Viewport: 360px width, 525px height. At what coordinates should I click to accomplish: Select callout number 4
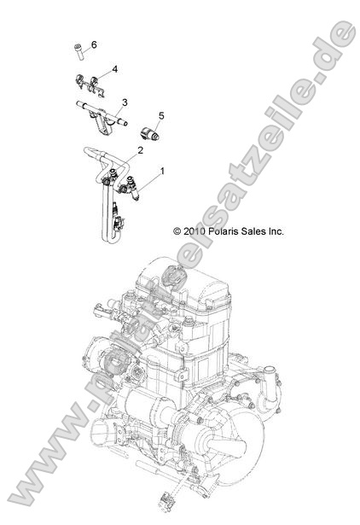pyautogui.click(x=113, y=68)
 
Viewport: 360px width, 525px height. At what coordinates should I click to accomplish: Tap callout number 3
pyautogui.click(x=124, y=102)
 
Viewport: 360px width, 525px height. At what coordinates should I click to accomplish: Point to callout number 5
pyautogui.click(x=160, y=115)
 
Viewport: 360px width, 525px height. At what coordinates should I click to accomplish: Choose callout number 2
pyautogui.click(x=140, y=150)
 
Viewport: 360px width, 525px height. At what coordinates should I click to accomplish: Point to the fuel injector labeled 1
pyautogui.click(x=130, y=187)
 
